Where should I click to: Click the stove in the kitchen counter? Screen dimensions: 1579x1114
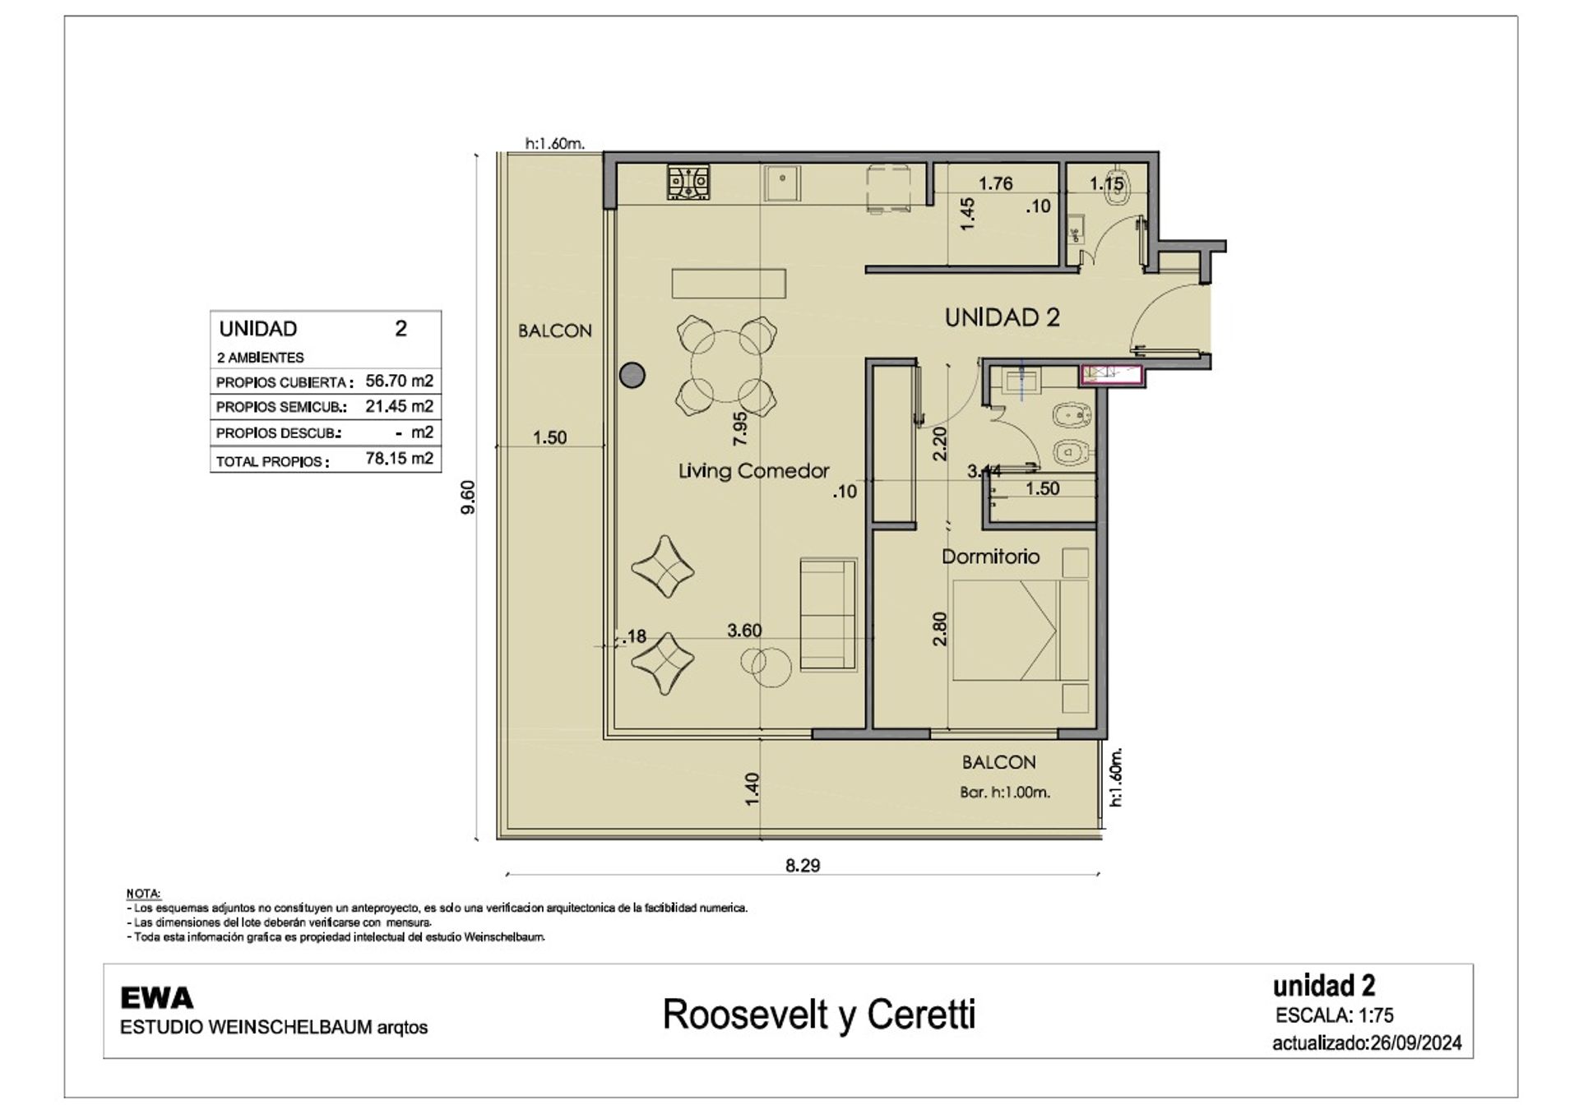688,182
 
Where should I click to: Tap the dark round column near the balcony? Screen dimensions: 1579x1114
632,375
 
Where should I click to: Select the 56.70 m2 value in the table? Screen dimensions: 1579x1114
399,381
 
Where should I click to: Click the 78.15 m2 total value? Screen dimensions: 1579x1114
399,458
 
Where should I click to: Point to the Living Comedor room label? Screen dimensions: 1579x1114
753,471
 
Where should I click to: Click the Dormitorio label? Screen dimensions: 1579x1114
990,557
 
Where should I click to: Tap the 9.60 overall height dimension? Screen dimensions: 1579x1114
468,497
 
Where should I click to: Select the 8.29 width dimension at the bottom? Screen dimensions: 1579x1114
803,865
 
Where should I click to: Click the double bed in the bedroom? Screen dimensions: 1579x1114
1020,631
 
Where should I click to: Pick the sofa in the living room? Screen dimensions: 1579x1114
828,614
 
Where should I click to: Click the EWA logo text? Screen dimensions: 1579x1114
156,998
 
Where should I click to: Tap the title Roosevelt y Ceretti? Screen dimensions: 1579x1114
819,1015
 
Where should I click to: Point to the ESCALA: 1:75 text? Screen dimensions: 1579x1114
1334,1015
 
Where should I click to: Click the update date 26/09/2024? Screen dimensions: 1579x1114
1415,1043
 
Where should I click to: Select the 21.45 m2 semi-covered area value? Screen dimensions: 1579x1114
399,406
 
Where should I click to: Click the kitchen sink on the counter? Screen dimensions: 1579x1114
782,183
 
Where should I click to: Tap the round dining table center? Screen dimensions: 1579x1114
725,366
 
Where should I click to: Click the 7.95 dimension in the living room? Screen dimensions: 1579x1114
740,428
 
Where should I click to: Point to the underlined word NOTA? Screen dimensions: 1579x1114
143,894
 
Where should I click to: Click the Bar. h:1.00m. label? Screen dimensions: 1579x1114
1005,793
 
